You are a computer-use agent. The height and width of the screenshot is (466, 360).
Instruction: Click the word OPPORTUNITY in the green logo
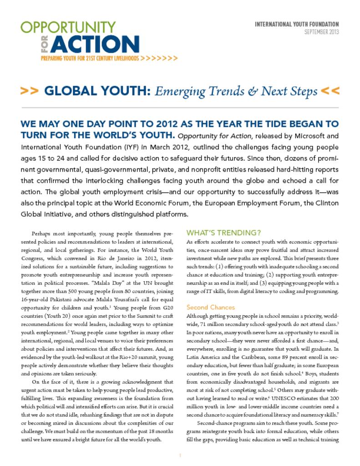tap(68, 27)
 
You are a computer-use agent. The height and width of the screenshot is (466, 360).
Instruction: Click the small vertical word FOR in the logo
tap(45, 45)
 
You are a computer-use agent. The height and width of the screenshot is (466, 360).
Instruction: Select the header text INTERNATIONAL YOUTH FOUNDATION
tap(297, 24)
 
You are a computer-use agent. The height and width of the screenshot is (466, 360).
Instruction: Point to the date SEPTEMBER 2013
tap(321, 32)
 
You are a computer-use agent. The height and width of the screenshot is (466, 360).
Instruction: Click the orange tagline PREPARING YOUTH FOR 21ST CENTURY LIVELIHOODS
tap(90, 59)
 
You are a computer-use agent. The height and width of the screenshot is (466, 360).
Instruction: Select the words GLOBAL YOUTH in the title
tap(97, 91)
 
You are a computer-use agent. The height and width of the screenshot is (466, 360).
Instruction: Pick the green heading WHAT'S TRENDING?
tap(223, 233)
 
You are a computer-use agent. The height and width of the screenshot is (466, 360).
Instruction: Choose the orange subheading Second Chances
tap(211, 307)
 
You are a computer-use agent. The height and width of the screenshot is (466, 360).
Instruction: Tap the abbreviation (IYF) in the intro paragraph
tap(132, 147)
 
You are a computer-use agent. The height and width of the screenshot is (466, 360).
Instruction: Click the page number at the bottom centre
tap(180, 455)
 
